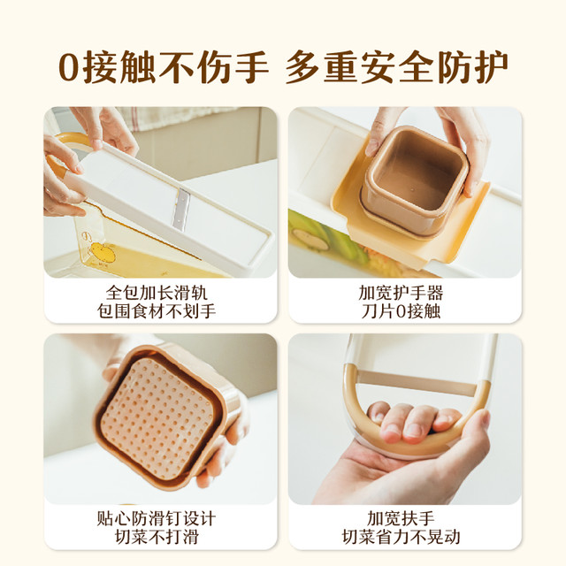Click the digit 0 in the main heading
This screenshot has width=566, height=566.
coord(69,67)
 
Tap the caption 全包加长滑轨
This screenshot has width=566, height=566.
coord(157,293)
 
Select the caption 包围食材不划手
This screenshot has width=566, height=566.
coord(157,311)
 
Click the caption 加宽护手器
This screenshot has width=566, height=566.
coord(401,293)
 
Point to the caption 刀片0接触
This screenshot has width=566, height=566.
coord(401,311)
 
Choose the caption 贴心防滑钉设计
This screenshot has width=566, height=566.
coord(157,519)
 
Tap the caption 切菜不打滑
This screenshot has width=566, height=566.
coord(157,537)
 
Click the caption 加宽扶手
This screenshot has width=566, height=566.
coord(401,519)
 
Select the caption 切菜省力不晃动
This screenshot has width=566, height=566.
coord(401,537)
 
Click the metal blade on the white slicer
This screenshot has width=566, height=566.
coord(180,210)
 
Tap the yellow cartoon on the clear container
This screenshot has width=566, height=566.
coord(103,252)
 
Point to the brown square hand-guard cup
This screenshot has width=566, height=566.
coord(415,180)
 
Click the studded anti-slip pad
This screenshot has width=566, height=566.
coord(157,418)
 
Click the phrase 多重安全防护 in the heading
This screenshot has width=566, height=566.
coord(396,67)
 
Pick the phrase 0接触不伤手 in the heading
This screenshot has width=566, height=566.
coord(164,67)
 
